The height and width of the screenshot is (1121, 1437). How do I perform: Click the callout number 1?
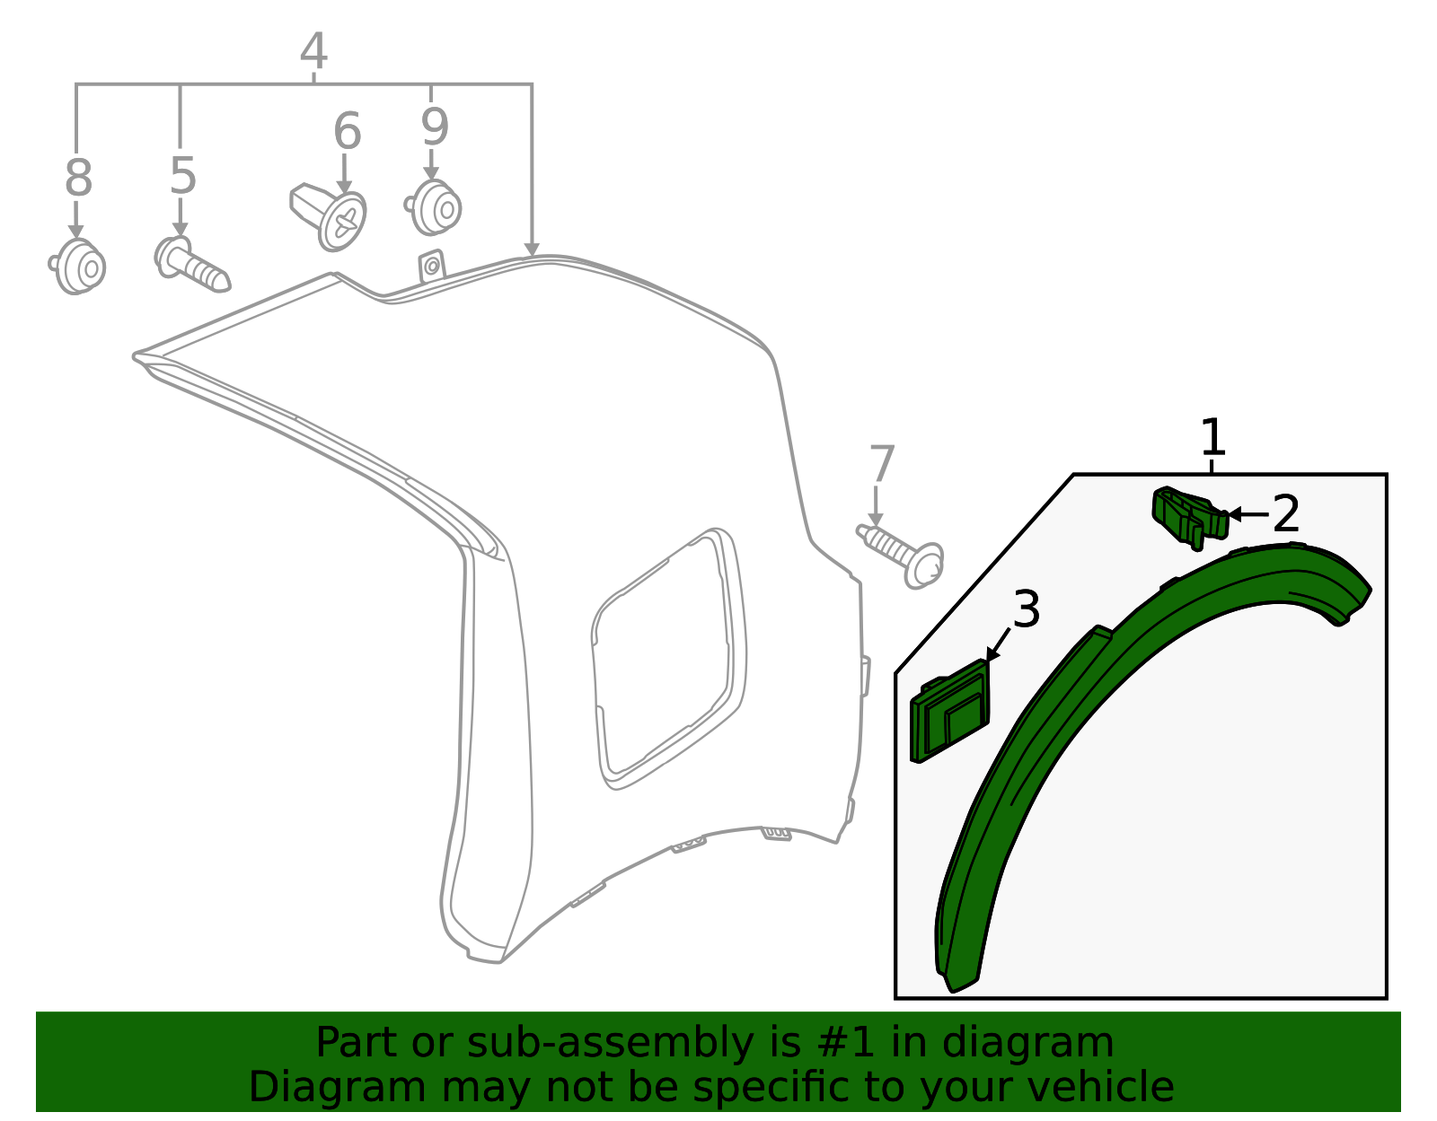click(1212, 436)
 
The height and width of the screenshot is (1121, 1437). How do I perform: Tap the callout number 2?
click(1286, 513)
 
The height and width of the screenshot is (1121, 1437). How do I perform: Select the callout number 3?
click(1027, 609)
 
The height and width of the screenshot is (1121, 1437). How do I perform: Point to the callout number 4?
click(313, 51)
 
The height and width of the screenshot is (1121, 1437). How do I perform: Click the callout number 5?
click(183, 176)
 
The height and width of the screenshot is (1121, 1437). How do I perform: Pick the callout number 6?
click(348, 131)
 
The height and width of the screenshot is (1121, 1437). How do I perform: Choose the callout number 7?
click(882, 464)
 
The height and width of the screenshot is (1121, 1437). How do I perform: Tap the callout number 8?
click(78, 177)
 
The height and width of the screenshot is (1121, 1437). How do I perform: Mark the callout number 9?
click(435, 127)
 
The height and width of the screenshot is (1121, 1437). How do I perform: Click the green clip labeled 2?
click(1190, 518)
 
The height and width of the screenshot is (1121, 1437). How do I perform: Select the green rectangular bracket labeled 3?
click(949, 711)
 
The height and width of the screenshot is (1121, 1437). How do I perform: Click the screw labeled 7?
click(901, 555)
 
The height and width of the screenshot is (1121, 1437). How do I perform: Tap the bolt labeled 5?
click(192, 265)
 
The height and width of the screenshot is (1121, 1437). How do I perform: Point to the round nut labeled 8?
click(78, 266)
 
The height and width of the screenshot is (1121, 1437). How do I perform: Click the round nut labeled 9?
click(433, 207)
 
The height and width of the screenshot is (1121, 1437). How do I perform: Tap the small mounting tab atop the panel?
click(432, 267)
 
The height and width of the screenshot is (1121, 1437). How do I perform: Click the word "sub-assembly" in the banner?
click(610, 1043)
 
